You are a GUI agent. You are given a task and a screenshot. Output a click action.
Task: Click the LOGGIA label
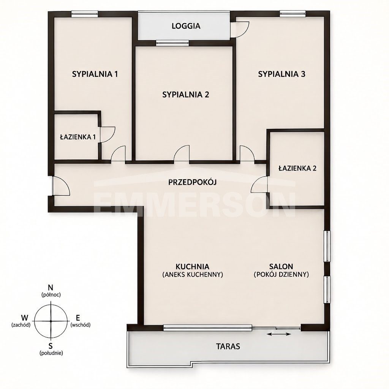[186, 26]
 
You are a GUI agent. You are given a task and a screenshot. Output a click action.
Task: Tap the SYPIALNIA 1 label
[95, 74]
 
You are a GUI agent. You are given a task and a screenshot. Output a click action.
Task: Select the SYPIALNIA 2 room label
[185, 95]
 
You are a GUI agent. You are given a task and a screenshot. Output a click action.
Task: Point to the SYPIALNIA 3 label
[281, 74]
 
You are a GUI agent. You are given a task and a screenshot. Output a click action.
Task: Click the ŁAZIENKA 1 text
[78, 137]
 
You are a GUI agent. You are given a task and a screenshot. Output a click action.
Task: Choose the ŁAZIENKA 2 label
[297, 168]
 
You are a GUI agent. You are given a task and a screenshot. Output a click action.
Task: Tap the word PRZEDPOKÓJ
[193, 182]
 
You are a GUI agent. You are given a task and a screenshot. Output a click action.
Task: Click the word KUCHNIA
[193, 266]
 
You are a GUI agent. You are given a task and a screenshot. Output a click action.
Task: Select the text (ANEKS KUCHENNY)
[193, 274]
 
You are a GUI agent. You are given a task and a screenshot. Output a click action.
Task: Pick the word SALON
[281, 266]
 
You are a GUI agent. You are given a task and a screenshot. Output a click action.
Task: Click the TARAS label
[228, 346]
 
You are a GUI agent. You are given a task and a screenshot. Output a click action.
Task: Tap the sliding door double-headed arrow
[279, 334]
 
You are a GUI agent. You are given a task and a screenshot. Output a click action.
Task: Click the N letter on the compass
[51, 288]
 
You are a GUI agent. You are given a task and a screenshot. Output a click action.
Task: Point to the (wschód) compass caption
[81, 325]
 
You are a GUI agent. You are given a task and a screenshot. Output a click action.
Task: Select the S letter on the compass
[51, 345]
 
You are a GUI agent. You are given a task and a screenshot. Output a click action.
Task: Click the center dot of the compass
[51, 321]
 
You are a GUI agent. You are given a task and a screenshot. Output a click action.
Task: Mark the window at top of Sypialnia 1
[85, 14]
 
